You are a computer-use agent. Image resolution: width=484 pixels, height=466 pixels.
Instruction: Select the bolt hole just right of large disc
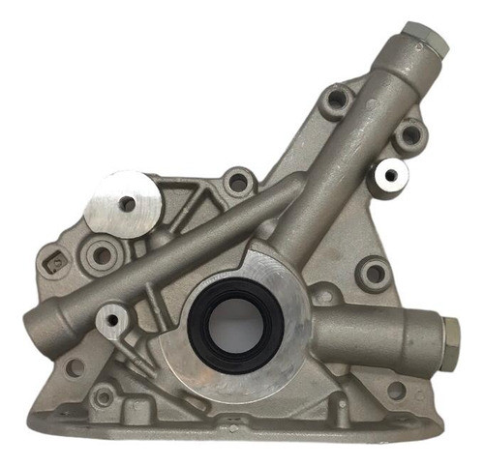pos(236,181)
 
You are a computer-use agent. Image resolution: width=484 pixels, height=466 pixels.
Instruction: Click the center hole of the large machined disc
pos(127,204)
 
